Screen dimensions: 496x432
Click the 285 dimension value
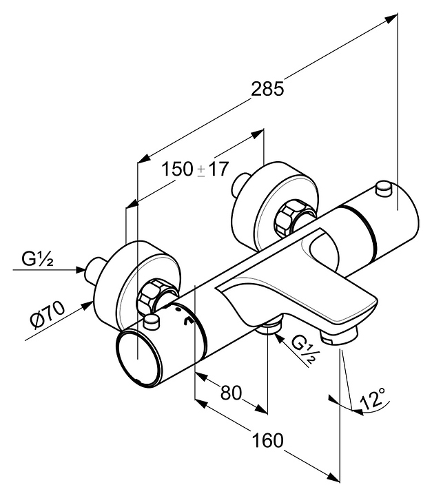267,90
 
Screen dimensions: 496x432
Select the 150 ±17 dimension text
195,169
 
